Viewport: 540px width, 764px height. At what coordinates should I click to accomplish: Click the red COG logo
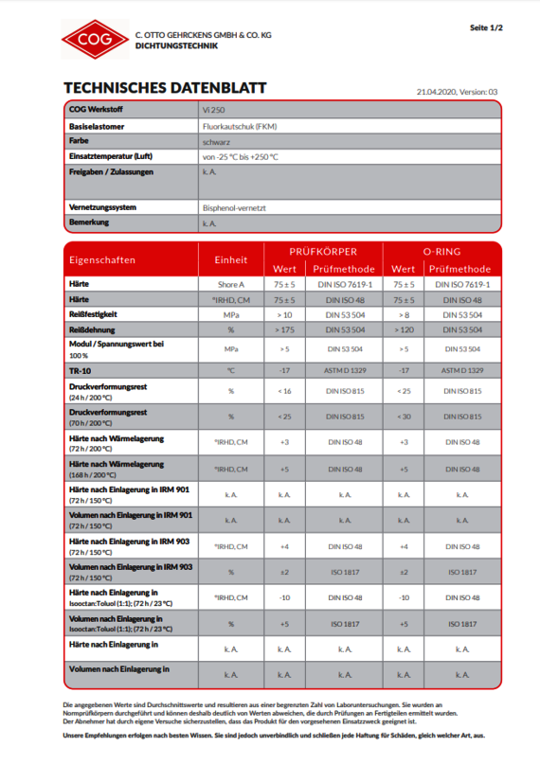point(94,39)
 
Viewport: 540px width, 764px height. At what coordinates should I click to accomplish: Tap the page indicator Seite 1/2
point(486,28)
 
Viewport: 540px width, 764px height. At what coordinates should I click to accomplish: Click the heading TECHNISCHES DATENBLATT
point(164,88)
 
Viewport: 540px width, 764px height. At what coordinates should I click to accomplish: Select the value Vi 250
point(213,110)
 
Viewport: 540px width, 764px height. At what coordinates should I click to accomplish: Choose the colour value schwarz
point(216,141)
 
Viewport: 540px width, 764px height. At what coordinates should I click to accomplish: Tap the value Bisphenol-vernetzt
point(232,207)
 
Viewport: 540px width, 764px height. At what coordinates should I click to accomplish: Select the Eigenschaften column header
point(101,259)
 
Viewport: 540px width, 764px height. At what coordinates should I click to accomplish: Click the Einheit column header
point(231,259)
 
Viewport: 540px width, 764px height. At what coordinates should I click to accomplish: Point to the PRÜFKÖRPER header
point(323,251)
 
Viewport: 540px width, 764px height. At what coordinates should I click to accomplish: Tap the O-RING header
point(441,251)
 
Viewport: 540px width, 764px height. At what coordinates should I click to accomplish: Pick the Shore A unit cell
point(230,284)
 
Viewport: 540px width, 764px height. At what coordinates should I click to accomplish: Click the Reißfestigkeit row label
point(93,313)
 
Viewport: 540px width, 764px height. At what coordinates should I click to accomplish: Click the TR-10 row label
point(81,370)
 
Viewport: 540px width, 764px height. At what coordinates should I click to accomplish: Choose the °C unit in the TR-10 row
point(230,370)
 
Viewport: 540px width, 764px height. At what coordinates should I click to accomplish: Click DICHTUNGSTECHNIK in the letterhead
point(177,45)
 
